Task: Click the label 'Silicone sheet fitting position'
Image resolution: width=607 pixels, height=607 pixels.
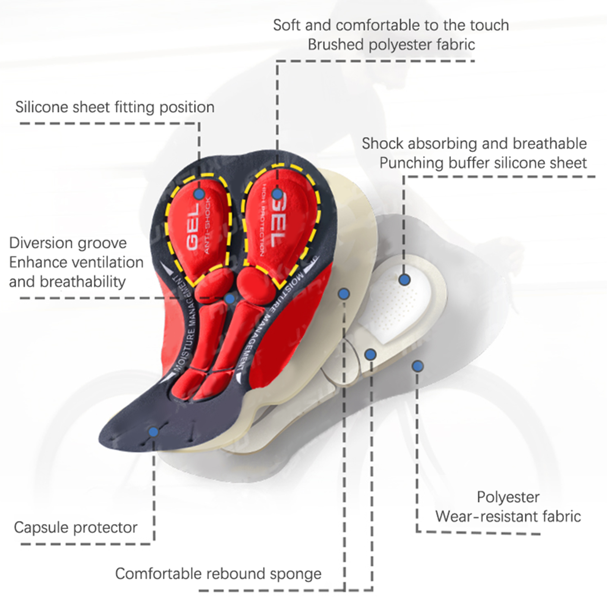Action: coord(115,107)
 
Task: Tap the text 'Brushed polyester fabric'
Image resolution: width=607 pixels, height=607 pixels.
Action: coord(391,45)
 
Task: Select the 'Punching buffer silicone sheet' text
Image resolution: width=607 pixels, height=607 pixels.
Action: coord(483,163)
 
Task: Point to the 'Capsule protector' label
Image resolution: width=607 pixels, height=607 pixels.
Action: coord(75,527)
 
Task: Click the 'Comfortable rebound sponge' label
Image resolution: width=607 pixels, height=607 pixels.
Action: coord(218,574)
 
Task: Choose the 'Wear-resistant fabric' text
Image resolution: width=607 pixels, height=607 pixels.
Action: coord(508,516)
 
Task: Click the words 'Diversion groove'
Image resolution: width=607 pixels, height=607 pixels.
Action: coord(68,243)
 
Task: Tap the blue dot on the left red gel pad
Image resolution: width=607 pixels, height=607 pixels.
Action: coord(199,194)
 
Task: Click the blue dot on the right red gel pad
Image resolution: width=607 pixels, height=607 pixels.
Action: coord(277,194)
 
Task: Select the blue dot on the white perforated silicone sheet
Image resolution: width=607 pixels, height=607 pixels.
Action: coord(404,280)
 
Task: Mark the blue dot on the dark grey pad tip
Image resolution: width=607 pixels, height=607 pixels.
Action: coord(153,432)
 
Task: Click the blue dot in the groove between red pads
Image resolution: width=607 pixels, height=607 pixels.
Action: coord(229,299)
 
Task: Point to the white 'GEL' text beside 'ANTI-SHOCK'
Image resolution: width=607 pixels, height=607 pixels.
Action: coord(193,227)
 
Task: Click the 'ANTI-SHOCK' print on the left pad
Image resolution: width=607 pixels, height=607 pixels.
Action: coord(207,225)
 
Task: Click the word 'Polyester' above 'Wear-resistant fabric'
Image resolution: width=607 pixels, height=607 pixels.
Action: coord(508,497)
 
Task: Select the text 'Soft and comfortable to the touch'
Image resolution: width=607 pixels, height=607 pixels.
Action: coord(391,25)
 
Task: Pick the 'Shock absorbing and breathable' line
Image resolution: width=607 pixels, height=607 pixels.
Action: coord(474,144)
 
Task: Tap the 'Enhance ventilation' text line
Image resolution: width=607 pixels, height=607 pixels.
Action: coord(76,263)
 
